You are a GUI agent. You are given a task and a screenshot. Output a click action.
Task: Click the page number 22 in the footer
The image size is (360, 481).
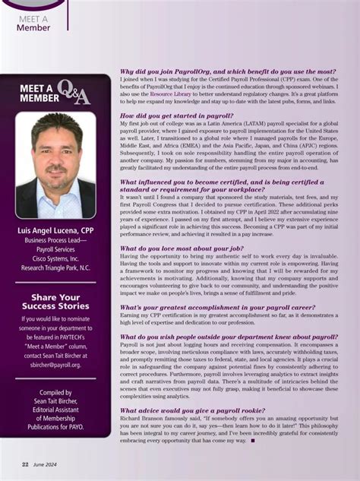coord(24,464)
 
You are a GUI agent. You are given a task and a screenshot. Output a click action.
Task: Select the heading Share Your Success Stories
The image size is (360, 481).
coord(55,302)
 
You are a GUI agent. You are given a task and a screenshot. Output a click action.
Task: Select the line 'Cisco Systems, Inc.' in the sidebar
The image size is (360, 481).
coord(55,258)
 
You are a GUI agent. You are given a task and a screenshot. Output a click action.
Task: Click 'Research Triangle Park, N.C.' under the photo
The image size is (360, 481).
coord(55,267)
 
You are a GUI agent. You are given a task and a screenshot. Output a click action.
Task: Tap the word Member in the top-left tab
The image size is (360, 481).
coord(33,27)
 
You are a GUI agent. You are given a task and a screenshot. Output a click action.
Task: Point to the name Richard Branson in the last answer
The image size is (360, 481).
coord(144,419)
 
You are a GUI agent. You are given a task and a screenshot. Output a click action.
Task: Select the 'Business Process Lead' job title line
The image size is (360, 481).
coord(55,239)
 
